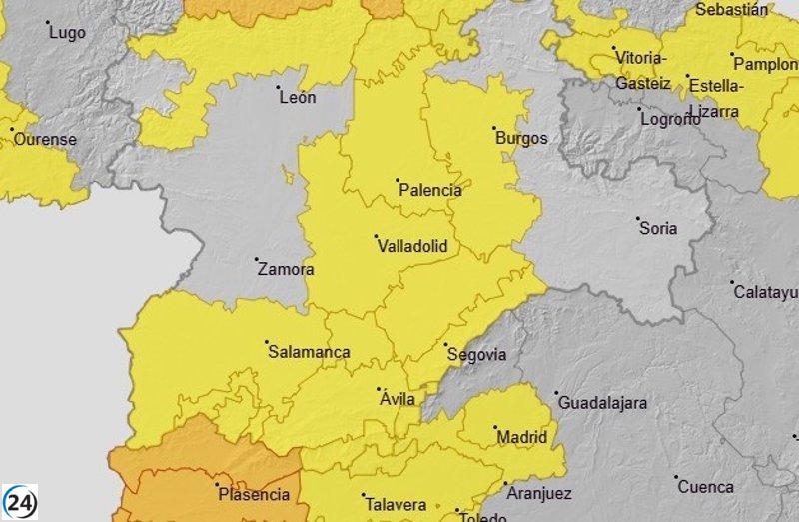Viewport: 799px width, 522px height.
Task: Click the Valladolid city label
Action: point(412,246)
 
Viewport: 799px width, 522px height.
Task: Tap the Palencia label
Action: point(430,190)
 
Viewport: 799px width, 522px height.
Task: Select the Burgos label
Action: point(521,138)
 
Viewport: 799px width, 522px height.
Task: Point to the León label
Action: point(298,97)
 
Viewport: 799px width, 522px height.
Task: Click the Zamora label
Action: point(286,269)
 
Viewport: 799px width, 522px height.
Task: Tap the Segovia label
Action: point(476,355)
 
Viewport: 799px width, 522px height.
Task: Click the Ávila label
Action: point(398,399)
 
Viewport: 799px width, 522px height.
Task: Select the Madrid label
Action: point(522,437)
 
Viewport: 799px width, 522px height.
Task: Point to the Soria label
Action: point(658,228)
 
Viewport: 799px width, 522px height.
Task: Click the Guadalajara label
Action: point(602,403)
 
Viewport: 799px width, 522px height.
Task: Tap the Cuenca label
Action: point(705,487)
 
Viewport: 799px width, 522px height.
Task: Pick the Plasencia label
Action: point(254,494)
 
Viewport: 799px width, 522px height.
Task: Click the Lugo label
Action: point(67,32)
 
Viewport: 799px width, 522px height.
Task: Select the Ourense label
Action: point(44,139)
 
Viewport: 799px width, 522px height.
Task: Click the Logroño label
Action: point(670,119)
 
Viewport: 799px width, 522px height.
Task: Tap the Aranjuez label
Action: point(539,493)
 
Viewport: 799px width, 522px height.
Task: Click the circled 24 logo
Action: point(20,501)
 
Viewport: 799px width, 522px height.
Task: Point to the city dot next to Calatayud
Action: point(732,282)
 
